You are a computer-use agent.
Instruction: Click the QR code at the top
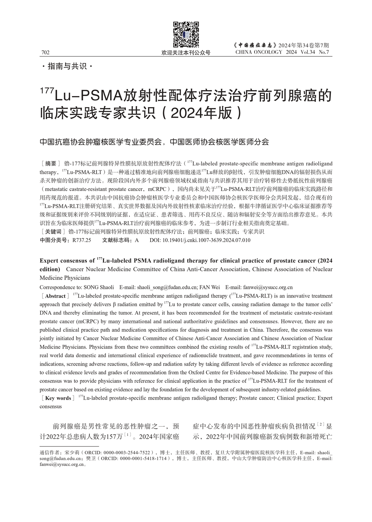pyautogui.click(x=186, y=34)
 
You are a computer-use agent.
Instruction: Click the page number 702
pyautogui.click(x=45, y=52)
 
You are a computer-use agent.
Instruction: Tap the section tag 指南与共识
pyautogui.click(x=67, y=66)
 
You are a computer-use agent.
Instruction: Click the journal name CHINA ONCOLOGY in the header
pyautogui.click(x=259, y=52)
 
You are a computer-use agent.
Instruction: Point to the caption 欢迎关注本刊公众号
pyautogui.click(x=186, y=52)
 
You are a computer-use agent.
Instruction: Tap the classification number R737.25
pyautogui.click(x=81, y=240)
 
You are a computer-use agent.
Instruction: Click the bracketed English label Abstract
pyautogui.click(x=55, y=296)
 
